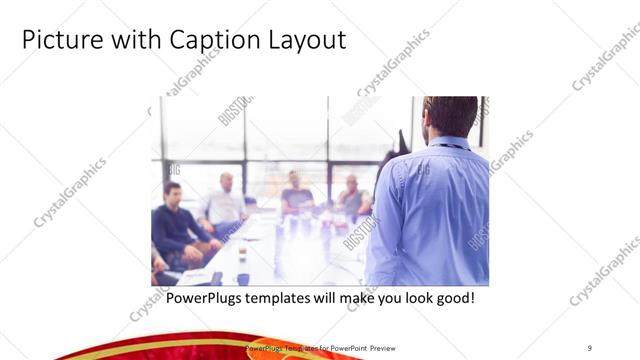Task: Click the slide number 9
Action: (x=590, y=347)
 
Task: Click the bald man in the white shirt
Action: (x=224, y=205)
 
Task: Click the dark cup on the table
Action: (x=243, y=279)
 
